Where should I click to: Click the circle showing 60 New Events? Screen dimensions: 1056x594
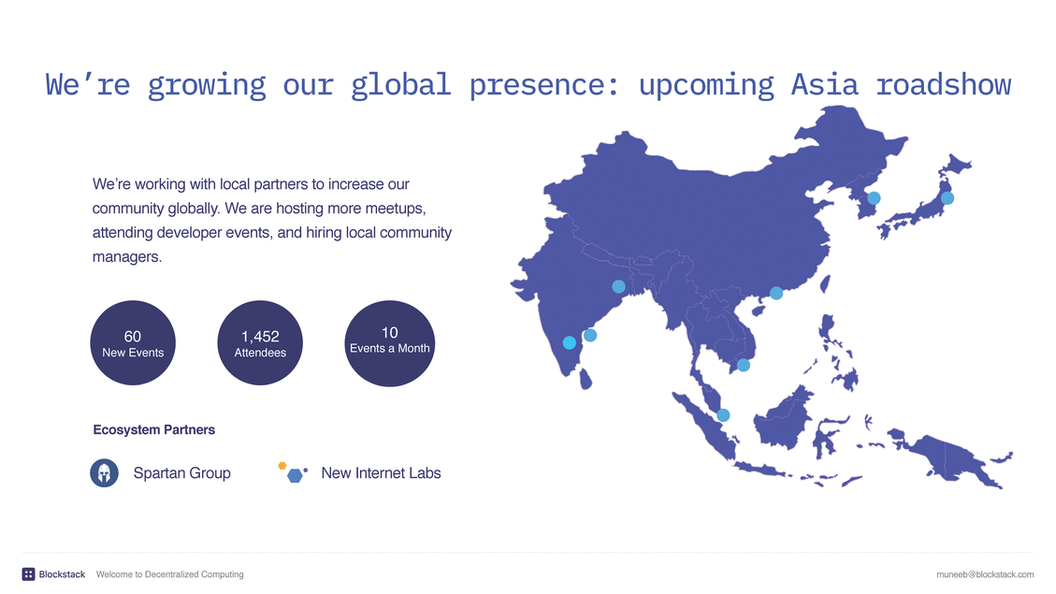133,342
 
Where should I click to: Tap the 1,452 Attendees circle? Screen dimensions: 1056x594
260,342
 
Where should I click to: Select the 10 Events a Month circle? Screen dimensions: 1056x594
390,343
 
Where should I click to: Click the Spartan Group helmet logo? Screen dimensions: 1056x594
105,472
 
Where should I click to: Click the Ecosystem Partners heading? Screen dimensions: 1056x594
154,429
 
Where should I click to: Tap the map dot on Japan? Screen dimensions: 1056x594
948,198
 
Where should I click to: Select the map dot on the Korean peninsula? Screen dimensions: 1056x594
875,198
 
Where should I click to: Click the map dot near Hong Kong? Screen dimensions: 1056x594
776,293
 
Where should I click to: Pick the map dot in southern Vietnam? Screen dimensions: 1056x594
744,365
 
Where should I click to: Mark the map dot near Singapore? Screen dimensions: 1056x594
723,415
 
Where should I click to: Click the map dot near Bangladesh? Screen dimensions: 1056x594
618,286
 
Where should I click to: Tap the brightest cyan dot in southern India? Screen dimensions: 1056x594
569,342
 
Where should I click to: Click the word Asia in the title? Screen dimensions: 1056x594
824,85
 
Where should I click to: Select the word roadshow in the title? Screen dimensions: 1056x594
944,85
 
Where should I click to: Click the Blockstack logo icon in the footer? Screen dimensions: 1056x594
28,574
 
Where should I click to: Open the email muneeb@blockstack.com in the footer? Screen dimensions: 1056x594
985,574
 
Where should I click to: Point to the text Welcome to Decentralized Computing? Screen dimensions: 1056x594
169,574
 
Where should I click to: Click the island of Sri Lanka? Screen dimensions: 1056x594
586,379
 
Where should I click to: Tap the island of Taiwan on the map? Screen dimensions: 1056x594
825,283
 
